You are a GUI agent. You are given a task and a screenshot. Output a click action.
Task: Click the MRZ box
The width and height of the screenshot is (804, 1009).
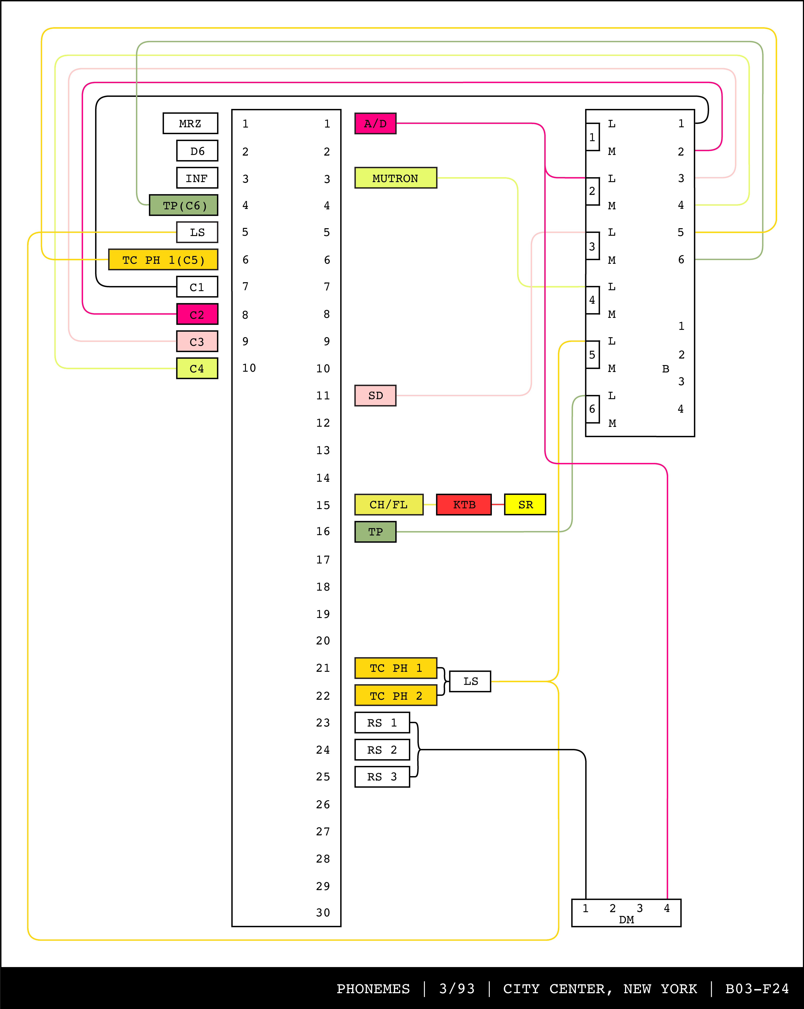point(190,124)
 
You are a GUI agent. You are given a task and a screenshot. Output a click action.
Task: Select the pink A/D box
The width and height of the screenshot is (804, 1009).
point(375,124)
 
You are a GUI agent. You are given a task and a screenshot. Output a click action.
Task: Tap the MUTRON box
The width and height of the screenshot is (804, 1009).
point(395,178)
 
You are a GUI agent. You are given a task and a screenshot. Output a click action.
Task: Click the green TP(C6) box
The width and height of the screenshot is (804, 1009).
point(183,206)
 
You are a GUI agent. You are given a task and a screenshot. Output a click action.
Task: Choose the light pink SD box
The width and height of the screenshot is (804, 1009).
point(375,395)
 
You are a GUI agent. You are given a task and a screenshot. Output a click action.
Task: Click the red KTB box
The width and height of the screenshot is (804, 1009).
point(464,504)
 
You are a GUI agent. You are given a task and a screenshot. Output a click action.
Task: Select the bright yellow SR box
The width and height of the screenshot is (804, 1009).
point(525,504)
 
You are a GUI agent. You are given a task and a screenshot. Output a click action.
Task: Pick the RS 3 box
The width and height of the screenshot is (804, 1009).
point(382,777)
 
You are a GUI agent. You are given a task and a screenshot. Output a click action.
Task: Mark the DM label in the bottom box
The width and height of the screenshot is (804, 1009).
point(626,920)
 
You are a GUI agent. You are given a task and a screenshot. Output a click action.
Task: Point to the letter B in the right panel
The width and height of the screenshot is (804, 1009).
point(666,369)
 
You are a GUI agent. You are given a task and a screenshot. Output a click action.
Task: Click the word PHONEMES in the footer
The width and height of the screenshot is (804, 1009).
point(373,989)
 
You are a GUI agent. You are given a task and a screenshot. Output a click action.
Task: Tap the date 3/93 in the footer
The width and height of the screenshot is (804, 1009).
point(457,989)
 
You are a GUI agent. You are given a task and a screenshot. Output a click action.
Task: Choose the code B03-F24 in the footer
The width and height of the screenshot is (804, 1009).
point(757,989)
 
